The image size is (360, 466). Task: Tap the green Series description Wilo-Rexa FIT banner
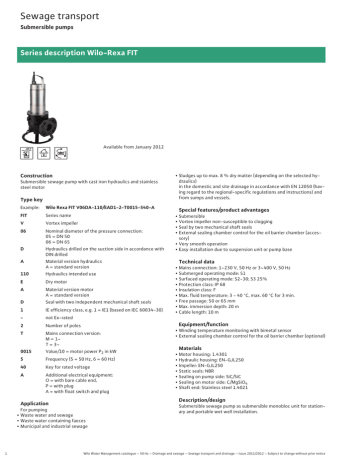pyautogui.click(x=180, y=50)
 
